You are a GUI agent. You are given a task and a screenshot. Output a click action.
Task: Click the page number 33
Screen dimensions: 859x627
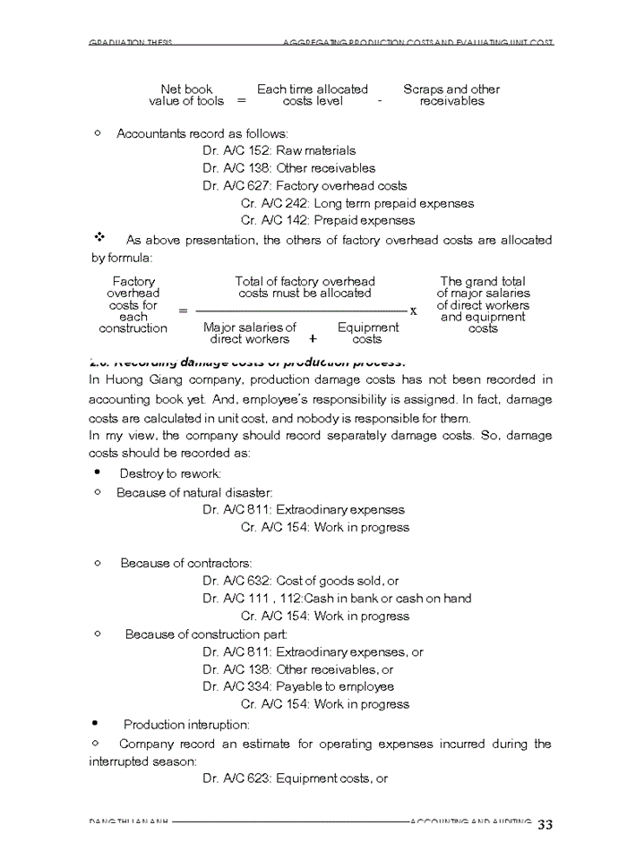pyautogui.click(x=545, y=824)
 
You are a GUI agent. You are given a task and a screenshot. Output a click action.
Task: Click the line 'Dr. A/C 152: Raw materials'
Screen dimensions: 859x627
pyautogui.click(x=279, y=150)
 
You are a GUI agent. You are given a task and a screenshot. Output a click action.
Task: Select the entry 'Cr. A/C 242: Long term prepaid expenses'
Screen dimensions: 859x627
pyautogui.click(x=357, y=203)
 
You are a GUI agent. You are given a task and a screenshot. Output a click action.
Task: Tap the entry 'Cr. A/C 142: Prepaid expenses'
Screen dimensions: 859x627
pyautogui.click(x=328, y=220)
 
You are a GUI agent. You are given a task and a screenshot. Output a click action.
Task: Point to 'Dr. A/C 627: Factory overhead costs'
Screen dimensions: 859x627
pyautogui.click(x=305, y=186)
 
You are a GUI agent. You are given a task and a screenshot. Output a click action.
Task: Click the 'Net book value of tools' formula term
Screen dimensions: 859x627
pyautogui.click(x=186, y=95)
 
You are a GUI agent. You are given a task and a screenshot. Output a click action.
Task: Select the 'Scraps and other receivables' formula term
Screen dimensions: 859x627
pyautogui.click(x=451, y=95)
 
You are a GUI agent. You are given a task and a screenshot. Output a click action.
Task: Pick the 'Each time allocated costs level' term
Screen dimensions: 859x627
pyautogui.click(x=313, y=95)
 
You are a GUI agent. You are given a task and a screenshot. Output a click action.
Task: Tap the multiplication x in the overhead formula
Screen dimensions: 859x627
pyautogui.click(x=413, y=310)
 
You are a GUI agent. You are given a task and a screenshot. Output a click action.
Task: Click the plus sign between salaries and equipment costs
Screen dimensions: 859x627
pyautogui.click(x=313, y=339)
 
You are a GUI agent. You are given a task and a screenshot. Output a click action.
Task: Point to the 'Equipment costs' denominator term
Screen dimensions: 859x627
pyautogui.click(x=367, y=334)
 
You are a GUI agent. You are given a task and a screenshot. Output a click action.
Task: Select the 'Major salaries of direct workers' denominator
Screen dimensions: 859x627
pyautogui.click(x=249, y=334)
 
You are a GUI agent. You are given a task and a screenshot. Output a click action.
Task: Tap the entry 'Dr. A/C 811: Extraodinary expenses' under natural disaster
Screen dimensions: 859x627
pyautogui.click(x=303, y=509)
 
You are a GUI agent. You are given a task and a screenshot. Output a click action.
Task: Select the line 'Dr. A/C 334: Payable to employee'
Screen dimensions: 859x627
pyautogui.click(x=297, y=686)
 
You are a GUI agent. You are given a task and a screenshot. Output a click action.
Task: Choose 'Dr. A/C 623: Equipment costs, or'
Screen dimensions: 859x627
pyautogui.click(x=295, y=778)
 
